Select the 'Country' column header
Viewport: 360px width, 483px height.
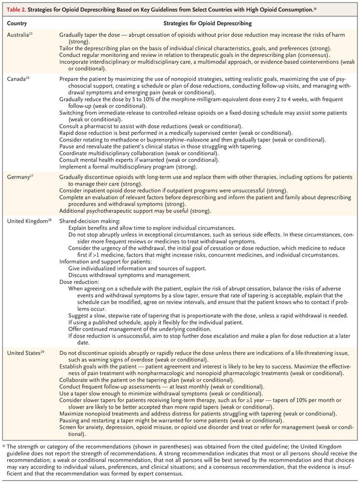coord(17,23)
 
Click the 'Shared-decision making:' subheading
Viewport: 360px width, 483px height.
coord(89,221)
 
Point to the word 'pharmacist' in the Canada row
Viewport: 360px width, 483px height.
coord(101,126)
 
